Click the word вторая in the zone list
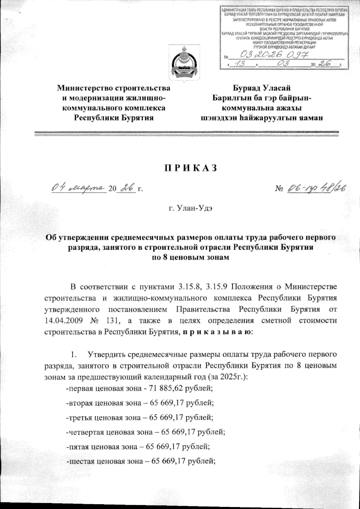pos(79,403)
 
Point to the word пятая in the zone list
pos(77,446)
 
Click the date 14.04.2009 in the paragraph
pos(63,320)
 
